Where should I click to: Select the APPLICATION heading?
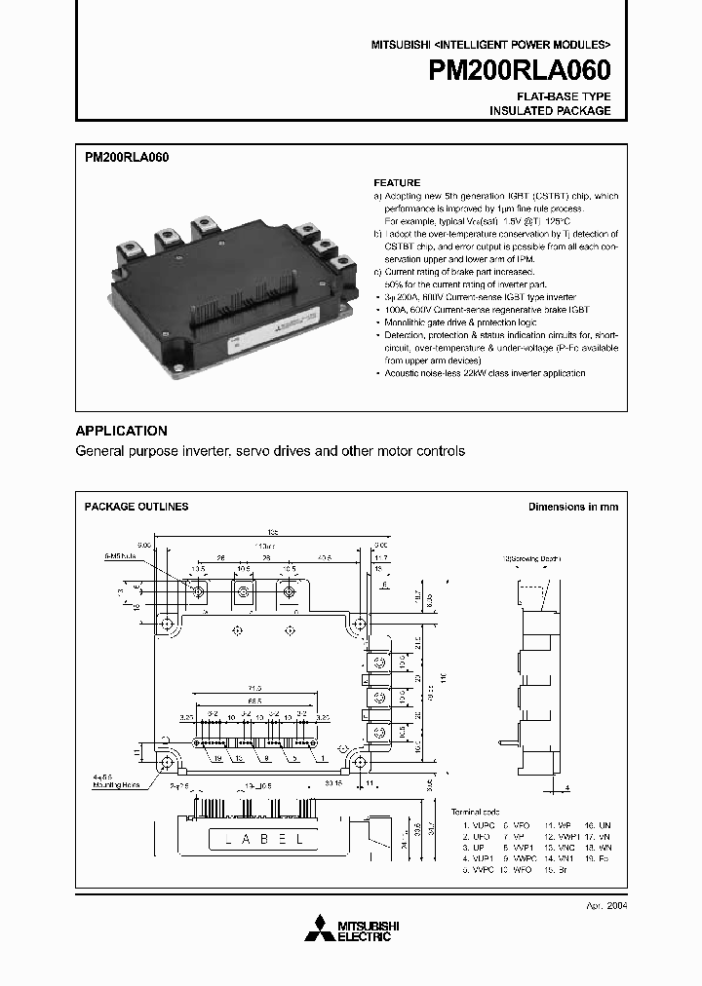122,431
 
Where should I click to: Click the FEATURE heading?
397,182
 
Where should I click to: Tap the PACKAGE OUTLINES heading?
136,507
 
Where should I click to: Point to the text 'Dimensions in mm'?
572,507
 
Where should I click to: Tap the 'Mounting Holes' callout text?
116,783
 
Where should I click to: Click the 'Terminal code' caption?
475,811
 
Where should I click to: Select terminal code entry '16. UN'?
598,825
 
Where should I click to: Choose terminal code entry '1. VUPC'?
478,825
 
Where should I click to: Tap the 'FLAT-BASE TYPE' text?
564,96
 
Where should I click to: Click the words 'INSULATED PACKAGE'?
550,111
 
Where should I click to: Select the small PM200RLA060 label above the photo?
127,156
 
